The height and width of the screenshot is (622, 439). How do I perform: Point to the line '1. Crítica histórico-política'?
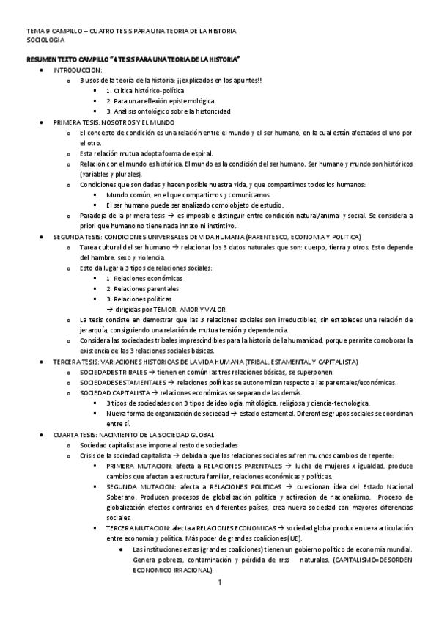(146, 89)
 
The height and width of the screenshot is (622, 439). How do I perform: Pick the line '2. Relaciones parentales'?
(140, 289)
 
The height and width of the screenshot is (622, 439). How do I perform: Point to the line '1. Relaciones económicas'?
(140, 279)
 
